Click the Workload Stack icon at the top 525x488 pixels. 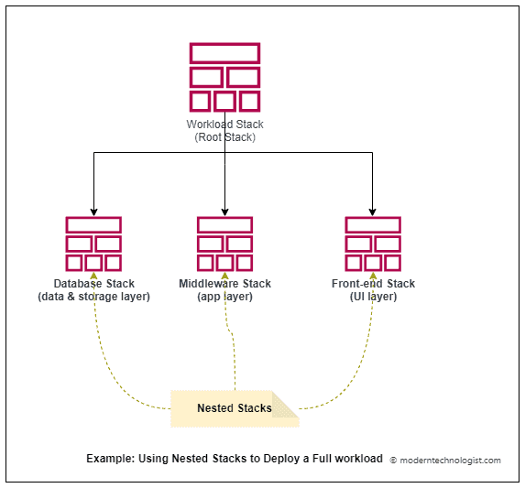tap(224, 77)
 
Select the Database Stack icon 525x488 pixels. tap(93, 244)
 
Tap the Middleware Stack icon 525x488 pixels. tap(224, 244)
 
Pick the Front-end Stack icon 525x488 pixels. tap(373, 244)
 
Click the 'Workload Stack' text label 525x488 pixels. tap(224, 125)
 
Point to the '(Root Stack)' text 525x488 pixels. tap(224, 137)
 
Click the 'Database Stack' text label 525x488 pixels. tap(93, 284)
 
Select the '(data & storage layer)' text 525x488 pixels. tap(93, 297)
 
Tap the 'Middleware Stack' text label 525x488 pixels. tap(224, 284)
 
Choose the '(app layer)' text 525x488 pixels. tap(224, 297)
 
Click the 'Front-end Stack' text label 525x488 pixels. tap(373, 284)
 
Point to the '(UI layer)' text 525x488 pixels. tap(373, 297)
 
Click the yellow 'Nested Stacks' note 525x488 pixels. tap(234, 408)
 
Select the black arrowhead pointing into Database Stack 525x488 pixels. tap(93, 211)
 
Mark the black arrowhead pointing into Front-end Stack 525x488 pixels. tap(373, 211)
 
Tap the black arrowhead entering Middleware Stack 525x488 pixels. tap(224, 211)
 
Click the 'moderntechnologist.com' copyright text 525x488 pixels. tap(446, 461)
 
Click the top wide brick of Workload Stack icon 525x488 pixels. tap(224, 52)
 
